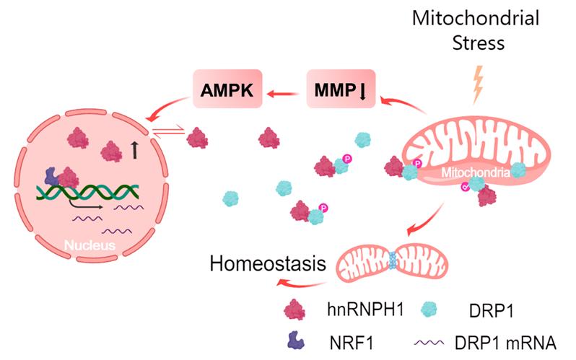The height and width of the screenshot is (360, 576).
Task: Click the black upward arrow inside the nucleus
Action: (x=136, y=150)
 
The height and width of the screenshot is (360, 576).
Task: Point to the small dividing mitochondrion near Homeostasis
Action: (x=393, y=263)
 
